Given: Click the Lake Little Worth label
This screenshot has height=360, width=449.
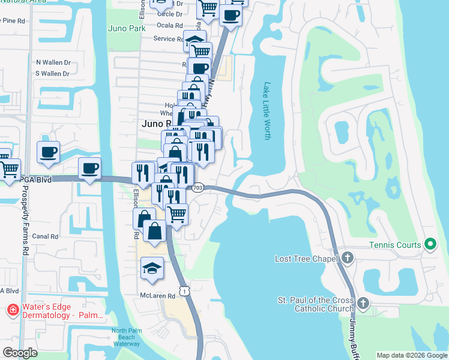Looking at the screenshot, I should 267,111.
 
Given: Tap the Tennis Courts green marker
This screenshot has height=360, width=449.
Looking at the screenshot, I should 430,244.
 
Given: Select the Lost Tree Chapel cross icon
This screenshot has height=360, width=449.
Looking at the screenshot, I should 348,258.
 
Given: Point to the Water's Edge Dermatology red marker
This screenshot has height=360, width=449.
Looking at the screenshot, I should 11,311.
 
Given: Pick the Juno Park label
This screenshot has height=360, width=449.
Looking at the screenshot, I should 127,28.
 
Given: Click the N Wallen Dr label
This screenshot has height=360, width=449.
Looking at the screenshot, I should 53,62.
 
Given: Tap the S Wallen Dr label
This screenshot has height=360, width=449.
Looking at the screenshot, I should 53,74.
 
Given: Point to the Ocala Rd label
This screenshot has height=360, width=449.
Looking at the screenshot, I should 169,25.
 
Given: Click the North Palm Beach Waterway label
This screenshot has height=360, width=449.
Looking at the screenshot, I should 126,337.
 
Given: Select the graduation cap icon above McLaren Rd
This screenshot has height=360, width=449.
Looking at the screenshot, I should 152,268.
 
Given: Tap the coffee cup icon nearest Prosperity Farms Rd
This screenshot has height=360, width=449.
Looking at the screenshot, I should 49,151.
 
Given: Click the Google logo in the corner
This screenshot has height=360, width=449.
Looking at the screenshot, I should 20,353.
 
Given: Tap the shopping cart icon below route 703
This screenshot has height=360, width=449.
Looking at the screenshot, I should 176,213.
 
